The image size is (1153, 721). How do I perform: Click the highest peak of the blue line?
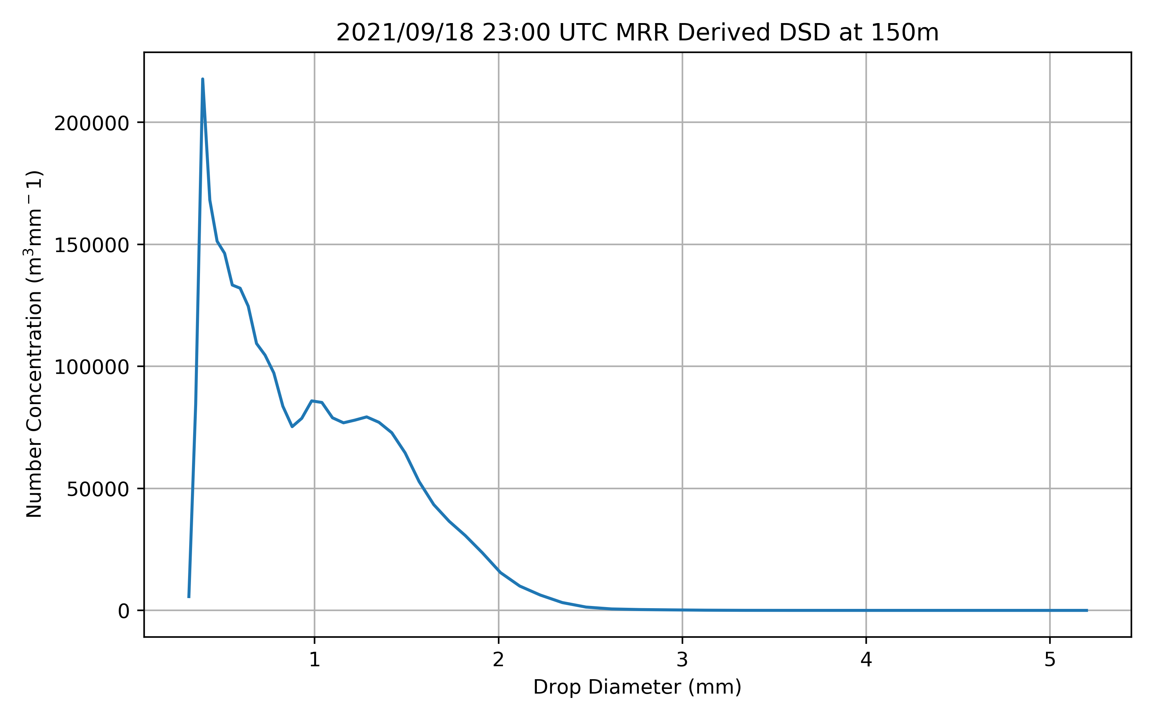[202, 79]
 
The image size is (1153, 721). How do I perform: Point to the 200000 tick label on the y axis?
[92, 124]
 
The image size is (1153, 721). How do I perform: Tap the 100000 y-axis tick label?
[92, 368]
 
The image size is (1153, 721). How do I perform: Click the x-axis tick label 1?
[315, 660]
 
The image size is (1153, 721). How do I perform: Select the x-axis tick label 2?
[498, 660]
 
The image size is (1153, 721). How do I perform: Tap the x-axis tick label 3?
[682, 660]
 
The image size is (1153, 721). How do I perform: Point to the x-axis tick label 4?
[866, 660]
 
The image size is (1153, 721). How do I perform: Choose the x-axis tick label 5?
[1050, 660]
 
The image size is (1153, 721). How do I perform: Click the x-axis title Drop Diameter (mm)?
[637, 687]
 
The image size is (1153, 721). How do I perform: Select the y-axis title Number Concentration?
[34, 343]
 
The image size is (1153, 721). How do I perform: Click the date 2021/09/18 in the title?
[405, 33]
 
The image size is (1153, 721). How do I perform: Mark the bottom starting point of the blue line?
[189, 597]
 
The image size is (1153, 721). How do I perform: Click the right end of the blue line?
[1087, 610]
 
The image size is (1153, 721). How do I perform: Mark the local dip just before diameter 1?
[292, 426]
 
